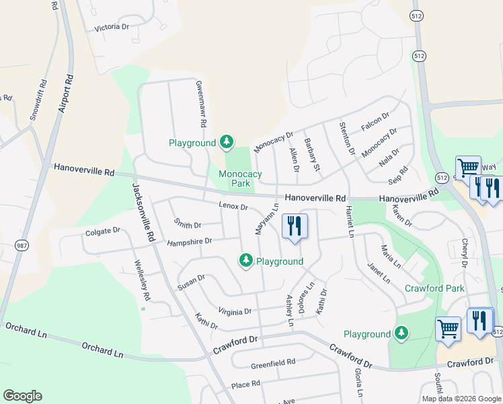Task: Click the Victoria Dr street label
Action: pyautogui.click(x=112, y=27)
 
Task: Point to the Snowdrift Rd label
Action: pyautogui.click(x=38, y=100)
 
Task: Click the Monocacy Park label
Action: pyautogui.click(x=240, y=178)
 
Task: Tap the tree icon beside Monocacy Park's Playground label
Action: pyautogui.click(x=227, y=141)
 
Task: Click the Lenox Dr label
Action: pyautogui.click(x=233, y=205)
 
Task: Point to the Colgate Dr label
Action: pyautogui.click(x=102, y=231)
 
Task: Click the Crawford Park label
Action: pyautogui.click(x=434, y=288)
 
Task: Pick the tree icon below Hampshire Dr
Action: pyautogui.click(x=246, y=260)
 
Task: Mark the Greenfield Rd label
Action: pyautogui.click(x=273, y=362)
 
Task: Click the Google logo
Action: pyautogui.click(x=22, y=396)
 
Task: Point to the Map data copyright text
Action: pyautogui.click(x=462, y=399)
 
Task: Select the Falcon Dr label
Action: pyautogui.click(x=375, y=122)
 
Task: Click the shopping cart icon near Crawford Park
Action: pyautogui.click(x=448, y=329)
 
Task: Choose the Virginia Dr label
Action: pyautogui.click(x=235, y=311)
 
